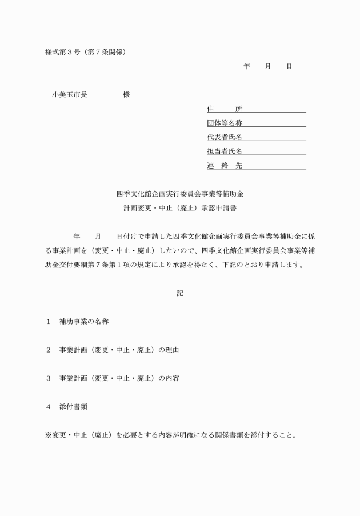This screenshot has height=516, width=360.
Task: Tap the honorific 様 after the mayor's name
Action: click(126, 95)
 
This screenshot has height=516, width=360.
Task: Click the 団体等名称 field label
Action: click(225, 123)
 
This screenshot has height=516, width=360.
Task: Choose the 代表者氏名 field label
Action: click(225, 137)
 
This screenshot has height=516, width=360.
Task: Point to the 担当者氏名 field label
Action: click(225, 151)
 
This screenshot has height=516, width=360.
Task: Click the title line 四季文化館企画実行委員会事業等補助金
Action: click(179, 195)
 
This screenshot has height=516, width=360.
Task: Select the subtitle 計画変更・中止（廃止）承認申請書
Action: click(179, 209)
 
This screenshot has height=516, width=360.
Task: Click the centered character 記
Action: click(180, 293)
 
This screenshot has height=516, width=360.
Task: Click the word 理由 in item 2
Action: click(172, 350)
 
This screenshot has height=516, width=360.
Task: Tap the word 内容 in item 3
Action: click(172, 378)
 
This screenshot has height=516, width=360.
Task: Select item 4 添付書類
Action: click(73, 407)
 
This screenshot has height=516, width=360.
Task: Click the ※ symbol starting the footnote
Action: click(49, 435)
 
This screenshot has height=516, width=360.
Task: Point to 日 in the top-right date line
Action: click(290, 67)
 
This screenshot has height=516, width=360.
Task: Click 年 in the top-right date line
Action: click(246, 67)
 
